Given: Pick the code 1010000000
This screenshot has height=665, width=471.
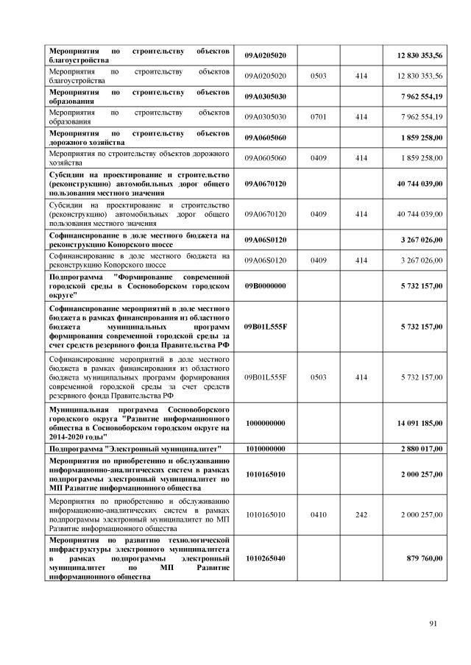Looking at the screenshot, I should point(265,449).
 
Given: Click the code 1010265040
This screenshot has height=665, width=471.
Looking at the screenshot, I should point(265,558).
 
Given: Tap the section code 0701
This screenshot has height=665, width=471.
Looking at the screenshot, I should point(318,116).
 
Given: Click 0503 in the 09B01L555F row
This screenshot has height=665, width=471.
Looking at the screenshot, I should point(318,377).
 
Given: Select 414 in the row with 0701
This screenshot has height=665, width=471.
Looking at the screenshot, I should point(361,116).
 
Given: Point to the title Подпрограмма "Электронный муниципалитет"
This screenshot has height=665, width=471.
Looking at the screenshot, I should point(135,449).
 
